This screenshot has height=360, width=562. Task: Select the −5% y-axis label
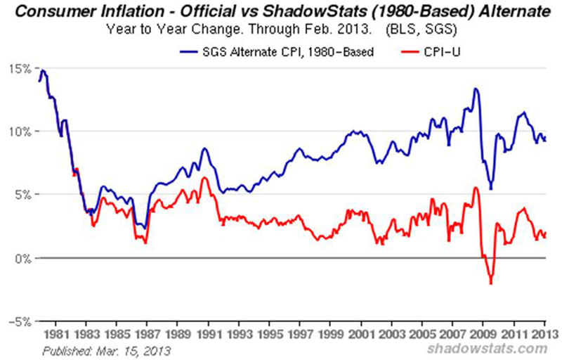tap(19, 321)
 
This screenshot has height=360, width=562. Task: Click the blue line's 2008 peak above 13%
tap(476, 89)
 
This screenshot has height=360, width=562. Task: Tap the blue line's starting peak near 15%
tap(43, 70)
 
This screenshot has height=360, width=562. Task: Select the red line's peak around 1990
tap(204, 178)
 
